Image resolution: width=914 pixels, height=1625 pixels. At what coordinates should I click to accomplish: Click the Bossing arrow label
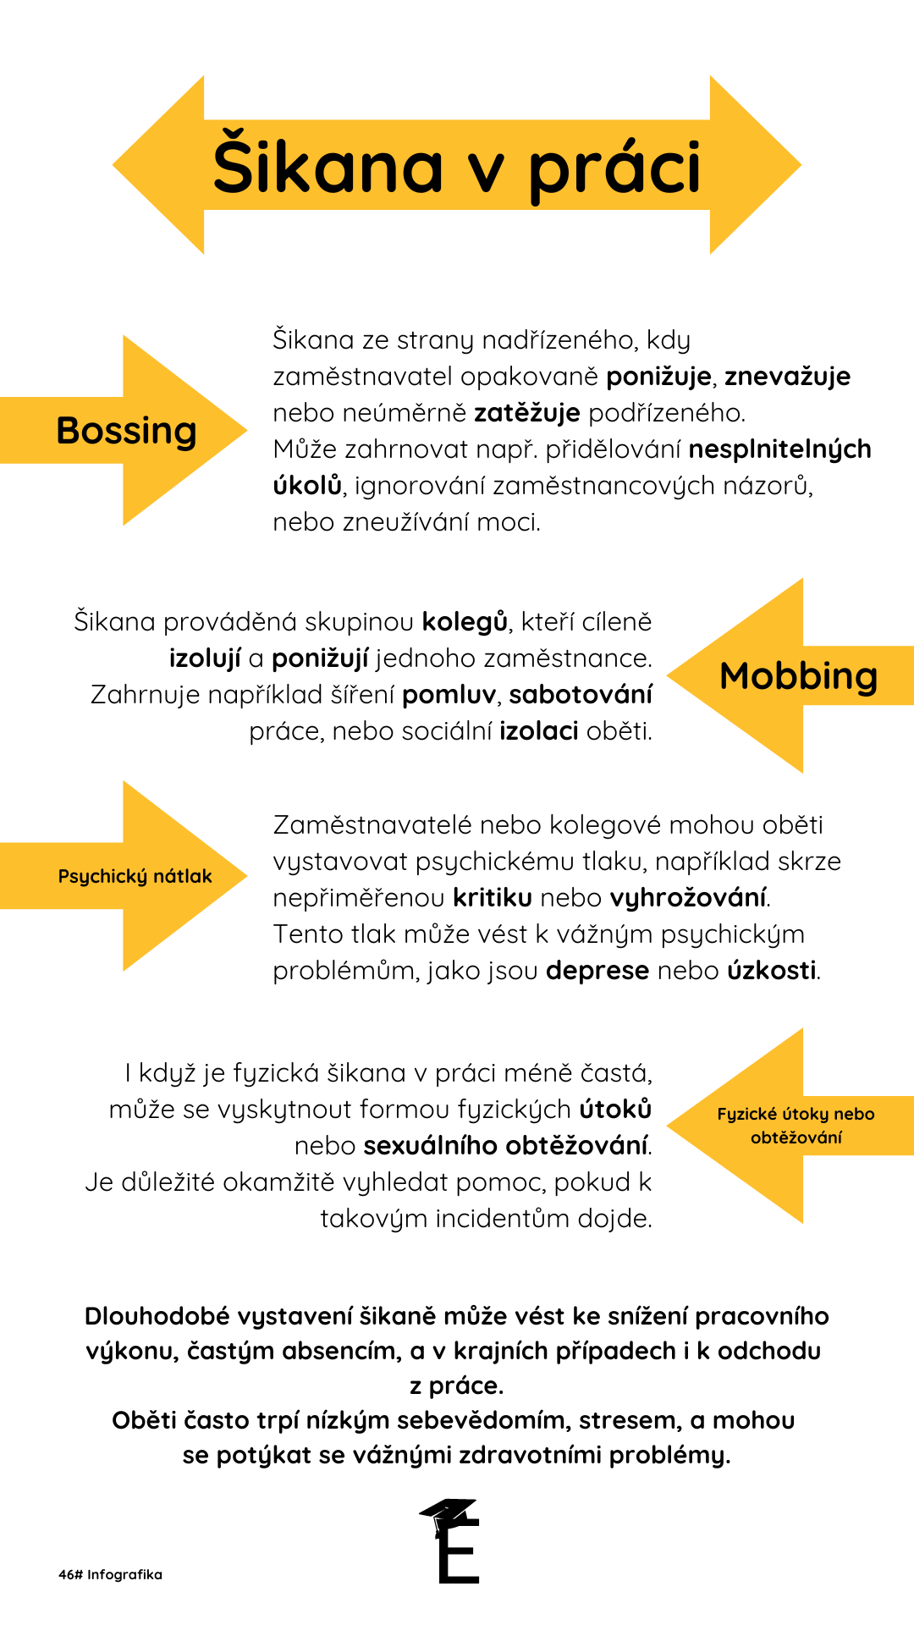pos(126,431)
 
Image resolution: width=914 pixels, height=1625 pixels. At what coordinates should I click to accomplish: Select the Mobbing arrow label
pos(798,676)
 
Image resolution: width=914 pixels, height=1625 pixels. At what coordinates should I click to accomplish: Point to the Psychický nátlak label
pos(135,876)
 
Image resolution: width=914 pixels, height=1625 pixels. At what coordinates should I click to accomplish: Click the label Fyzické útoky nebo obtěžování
pos(796,1126)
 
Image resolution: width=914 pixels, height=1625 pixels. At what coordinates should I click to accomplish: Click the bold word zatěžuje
pos(526,413)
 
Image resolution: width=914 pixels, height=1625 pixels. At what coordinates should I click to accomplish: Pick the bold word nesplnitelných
pos(779,449)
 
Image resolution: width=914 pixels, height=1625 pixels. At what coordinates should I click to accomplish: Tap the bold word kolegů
pos(465,622)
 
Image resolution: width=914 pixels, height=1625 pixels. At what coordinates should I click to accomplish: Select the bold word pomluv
pos(449,695)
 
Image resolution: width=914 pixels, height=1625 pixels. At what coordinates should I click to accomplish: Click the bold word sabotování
pos(581,695)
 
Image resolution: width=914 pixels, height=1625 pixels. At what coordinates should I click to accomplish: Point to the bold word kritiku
pos(493,898)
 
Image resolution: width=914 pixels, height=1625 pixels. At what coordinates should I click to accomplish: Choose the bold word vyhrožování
pos(688,898)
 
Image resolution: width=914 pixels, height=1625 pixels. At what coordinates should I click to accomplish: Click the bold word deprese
pos(597,971)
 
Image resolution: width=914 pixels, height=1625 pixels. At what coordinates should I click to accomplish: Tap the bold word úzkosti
pos(772,971)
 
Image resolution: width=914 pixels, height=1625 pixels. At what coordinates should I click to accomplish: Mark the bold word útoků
pos(615,1110)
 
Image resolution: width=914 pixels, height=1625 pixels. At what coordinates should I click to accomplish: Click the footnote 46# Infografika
pos(110,1575)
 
